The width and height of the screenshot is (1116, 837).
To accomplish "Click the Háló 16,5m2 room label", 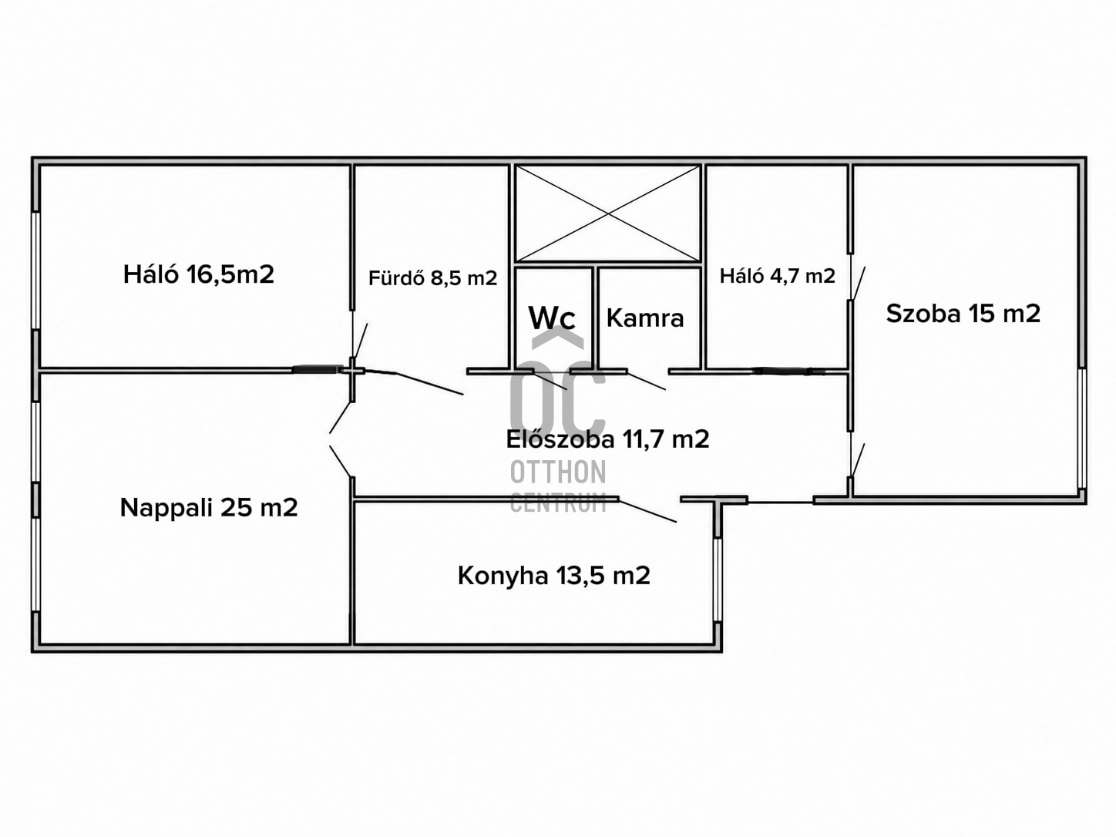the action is (x=199, y=275).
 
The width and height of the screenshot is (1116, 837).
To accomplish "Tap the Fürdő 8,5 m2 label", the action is (x=432, y=278).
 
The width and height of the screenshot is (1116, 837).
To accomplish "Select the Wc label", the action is (x=552, y=318).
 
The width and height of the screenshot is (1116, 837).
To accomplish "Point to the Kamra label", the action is (x=645, y=318).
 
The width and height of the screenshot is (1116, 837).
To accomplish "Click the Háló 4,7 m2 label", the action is (x=778, y=276).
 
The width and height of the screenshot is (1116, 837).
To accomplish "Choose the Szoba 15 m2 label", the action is (x=963, y=314).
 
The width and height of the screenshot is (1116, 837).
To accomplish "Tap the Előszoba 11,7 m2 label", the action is (x=607, y=439).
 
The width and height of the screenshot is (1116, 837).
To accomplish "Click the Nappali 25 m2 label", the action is (x=209, y=508).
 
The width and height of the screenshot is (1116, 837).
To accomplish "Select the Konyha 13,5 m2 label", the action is (x=554, y=576).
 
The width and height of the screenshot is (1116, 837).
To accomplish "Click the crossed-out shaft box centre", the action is (x=608, y=213).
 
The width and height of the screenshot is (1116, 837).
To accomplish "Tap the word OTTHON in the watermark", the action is (x=558, y=472).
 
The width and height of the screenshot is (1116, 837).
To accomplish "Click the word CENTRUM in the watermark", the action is (x=558, y=503).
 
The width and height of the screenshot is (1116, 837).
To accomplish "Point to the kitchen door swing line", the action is (x=647, y=511).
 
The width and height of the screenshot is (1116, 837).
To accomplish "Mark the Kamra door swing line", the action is (x=646, y=382).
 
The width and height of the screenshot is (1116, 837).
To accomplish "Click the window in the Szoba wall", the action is (x=1082, y=429).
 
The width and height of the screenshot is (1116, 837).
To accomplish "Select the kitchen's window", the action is (x=718, y=580).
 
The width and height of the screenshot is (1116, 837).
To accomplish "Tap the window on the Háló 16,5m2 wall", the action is (x=35, y=271).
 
